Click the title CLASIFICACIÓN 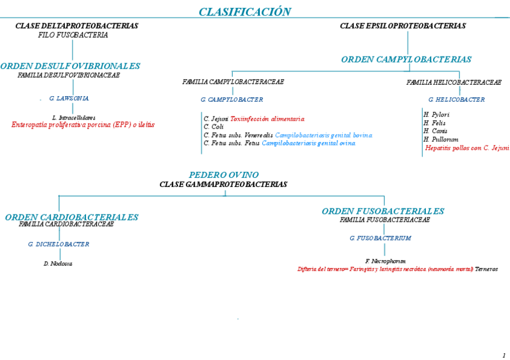pyautogui.click(x=245, y=12)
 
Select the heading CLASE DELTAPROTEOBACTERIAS pyautogui.click(x=76, y=26)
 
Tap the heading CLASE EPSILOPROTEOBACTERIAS pyautogui.click(x=402, y=26)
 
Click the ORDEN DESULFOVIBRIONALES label pyautogui.click(x=70, y=66)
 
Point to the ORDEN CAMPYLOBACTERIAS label pyautogui.click(x=406, y=59)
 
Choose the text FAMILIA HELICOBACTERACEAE pyautogui.click(x=453, y=82)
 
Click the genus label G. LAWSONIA pyautogui.click(x=69, y=98)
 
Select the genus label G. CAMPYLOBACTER pyautogui.click(x=232, y=99)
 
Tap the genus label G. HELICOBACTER pyautogui.click(x=456, y=99)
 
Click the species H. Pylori pyautogui.click(x=436, y=114)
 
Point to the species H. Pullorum pyautogui.click(x=441, y=139)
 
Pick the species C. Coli pyautogui.click(x=214, y=127)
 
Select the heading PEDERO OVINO pyautogui.click(x=224, y=175)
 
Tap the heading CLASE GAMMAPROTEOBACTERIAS pyautogui.click(x=223, y=185)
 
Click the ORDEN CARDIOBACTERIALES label pyautogui.click(x=72, y=217)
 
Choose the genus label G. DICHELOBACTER pyautogui.click(x=58, y=244)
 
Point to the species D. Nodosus pyautogui.click(x=58, y=263)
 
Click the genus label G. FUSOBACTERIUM pyautogui.click(x=380, y=238)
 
